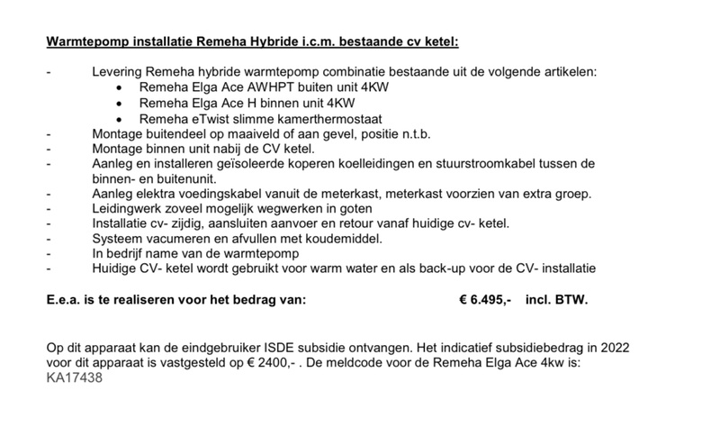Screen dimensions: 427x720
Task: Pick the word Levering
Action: (120, 71)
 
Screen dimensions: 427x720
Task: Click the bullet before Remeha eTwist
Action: (122, 119)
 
